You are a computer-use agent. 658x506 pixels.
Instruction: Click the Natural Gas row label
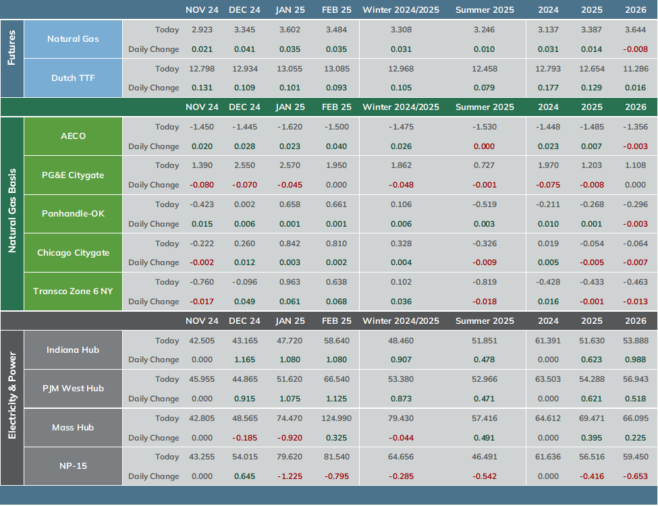coord(73,39)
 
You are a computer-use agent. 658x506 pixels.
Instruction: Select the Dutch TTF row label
coord(73,78)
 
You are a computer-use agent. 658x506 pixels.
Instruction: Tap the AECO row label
coord(73,136)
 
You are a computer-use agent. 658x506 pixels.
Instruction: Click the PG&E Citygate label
coord(73,175)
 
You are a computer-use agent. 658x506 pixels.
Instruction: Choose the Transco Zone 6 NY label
coord(73,291)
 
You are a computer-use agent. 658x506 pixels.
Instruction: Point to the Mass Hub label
coord(73,428)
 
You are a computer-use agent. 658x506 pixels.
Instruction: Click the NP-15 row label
coord(73,466)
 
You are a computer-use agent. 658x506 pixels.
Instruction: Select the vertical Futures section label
coord(11,47)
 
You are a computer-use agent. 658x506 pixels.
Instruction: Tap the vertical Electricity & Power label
coord(11,395)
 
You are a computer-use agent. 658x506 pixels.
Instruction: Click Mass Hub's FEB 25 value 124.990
coord(337,418)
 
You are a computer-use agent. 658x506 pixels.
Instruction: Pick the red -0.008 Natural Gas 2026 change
coord(635,49)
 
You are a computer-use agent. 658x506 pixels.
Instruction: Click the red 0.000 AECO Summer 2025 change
coord(485,146)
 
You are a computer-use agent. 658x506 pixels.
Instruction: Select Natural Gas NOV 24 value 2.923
coord(202,30)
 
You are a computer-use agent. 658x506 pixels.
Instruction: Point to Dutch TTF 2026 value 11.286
coord(636,69)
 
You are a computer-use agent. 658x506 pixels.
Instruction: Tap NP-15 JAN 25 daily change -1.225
coord(290,476)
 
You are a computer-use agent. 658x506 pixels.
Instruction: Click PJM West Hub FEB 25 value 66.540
coord(337,379)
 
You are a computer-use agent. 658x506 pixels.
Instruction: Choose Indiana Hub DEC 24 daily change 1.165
coord(245,360)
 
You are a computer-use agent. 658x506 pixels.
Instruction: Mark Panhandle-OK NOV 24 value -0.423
coord(202,204)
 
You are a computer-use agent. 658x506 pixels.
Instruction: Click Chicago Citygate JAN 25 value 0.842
coord(290,244)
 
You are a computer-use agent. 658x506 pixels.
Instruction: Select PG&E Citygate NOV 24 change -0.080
coord(202,185)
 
